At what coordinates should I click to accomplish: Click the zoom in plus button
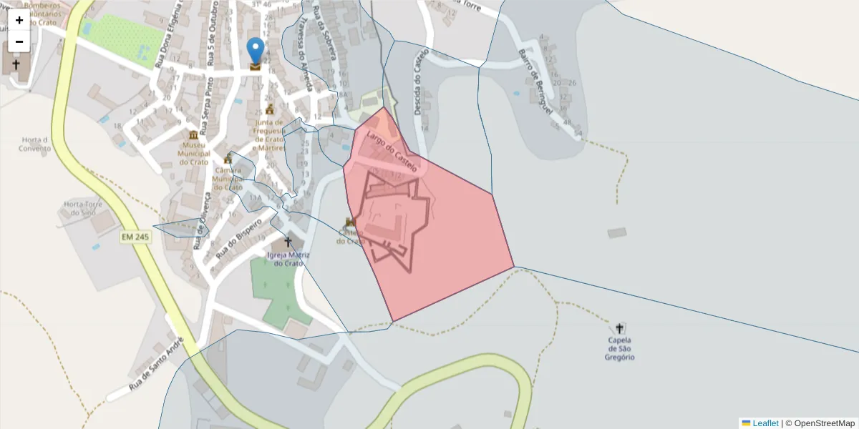(19, 20)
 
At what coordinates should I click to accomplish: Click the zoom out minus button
(19, 41)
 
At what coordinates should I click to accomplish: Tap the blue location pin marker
(255, 51)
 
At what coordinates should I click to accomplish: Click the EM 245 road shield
(135, 237)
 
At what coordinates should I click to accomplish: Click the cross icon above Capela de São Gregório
(619, 328)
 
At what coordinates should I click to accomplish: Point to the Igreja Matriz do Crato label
(285, 259)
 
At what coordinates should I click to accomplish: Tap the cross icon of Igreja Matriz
(288, 242)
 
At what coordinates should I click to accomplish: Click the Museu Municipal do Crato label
(193, 153)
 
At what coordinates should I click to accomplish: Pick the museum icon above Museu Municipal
(193, 135)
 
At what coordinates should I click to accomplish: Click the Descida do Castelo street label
(420, 82)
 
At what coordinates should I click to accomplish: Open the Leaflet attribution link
(765, 423)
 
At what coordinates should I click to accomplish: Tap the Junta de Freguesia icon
(270, 109)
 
